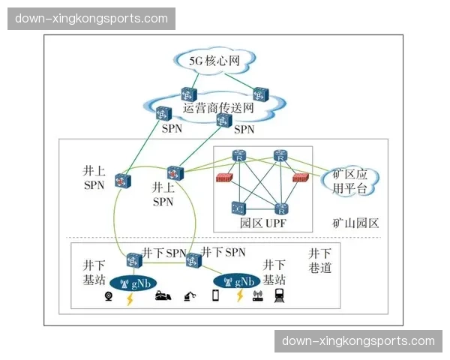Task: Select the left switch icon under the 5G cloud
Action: tap(187, 94)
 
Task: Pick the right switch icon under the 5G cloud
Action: tap(259, 94)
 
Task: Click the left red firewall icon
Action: tap(223, 178)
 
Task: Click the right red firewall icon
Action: tap(301, 178)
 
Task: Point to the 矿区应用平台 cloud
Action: tap(350, 181)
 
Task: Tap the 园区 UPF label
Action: tap(264, 223)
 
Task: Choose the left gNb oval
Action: tap(134, 282)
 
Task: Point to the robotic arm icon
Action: tap(189, 296)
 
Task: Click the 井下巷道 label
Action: tap(320, 261)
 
